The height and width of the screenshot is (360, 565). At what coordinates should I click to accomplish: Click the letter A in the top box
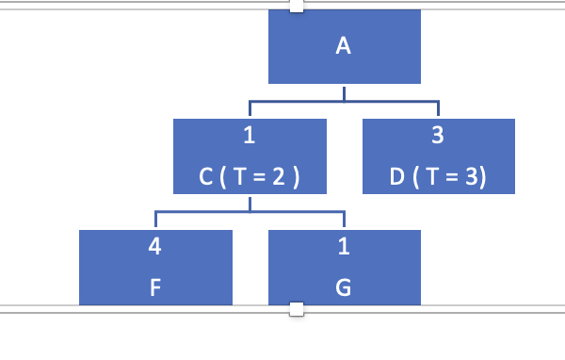coord(344,46)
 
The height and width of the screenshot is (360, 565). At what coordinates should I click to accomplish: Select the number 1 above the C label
coord(250,136)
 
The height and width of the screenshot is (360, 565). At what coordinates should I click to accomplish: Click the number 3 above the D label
coord(437,136)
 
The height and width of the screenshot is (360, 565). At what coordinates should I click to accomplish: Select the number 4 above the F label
coord(154,248)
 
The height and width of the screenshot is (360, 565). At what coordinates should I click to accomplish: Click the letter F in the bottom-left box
coord(154,288)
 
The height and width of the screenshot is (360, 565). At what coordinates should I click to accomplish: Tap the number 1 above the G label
coord(344,248)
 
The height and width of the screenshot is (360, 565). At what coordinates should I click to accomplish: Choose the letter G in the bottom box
coord(344,288)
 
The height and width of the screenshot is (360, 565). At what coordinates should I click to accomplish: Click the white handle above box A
coord(297,7)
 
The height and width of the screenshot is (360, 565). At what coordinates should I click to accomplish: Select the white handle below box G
coord(297,308)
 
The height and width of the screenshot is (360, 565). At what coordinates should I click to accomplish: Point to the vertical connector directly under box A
coord(344,91)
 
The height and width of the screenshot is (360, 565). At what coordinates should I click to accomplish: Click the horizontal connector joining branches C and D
coord(344,100)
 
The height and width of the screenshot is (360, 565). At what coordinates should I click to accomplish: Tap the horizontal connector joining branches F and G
coord(250,211)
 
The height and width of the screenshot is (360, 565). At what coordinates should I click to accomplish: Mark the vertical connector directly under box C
coord(250,203)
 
